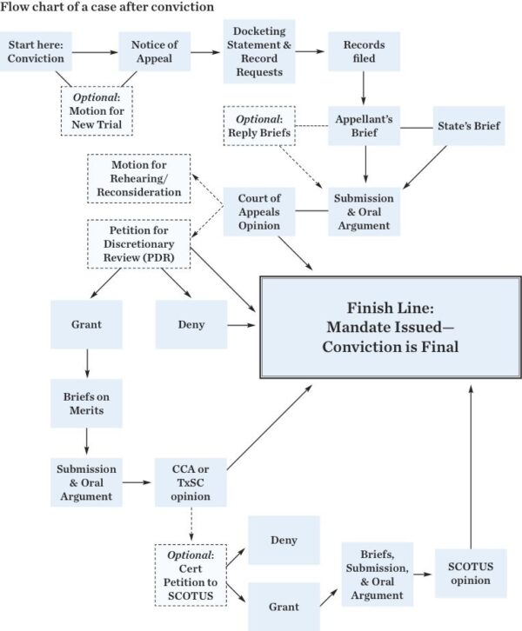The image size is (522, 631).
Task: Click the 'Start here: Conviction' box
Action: (x=36, y=51)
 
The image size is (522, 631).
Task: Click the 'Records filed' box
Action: (x=364, y=51)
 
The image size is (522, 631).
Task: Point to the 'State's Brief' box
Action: (x=470, y=125)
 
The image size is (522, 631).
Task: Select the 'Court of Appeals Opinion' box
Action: (x=259, y=211)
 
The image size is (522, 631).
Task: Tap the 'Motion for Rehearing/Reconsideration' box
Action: (x=138, y=178)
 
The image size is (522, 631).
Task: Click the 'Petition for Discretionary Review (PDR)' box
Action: (x=138, y=244)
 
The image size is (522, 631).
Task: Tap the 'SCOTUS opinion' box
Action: (x=471, y=573)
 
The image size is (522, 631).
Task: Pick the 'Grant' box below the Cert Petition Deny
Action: (x=284, y=607)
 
